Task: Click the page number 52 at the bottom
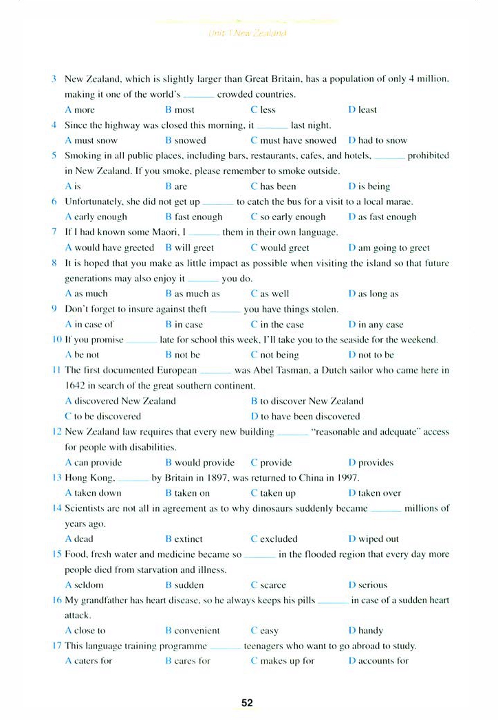coord(248,703)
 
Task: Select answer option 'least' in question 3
coord(367,110)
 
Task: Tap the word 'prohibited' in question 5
coord(428,156)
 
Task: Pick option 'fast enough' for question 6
coord(199,217)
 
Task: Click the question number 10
coord(57,340)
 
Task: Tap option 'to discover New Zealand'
coord(312,401)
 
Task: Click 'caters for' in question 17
coord(93,661)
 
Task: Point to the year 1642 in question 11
coord(74,386)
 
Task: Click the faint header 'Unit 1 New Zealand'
coord(247,32)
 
